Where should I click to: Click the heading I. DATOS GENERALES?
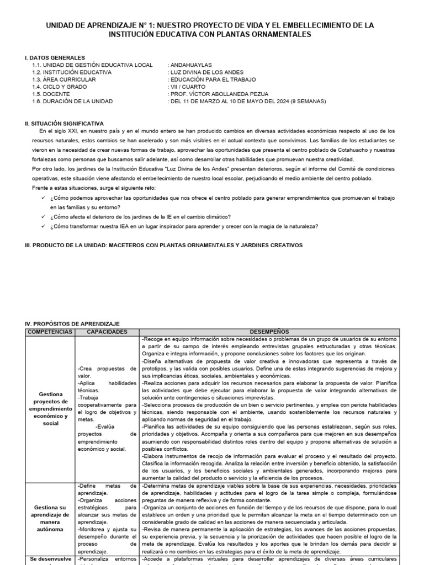(55, 57)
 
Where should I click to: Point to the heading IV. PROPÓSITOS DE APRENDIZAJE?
(72, 323)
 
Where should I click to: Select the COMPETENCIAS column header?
(50, 332)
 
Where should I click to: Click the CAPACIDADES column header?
(107, 332)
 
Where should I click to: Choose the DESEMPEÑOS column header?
(269, 332)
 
